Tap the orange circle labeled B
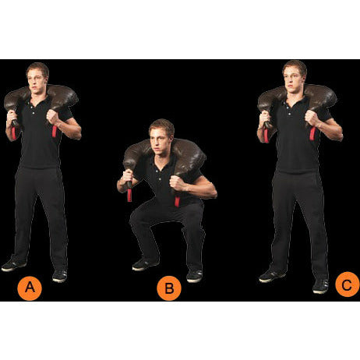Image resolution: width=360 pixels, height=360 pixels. [168, 290]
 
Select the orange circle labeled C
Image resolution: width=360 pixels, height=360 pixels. [347, 286]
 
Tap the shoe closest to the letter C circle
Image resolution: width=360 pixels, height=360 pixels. [320, 286]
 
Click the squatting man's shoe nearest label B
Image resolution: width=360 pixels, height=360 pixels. [194, 276]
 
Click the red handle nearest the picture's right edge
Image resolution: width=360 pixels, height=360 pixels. [312, 132]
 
